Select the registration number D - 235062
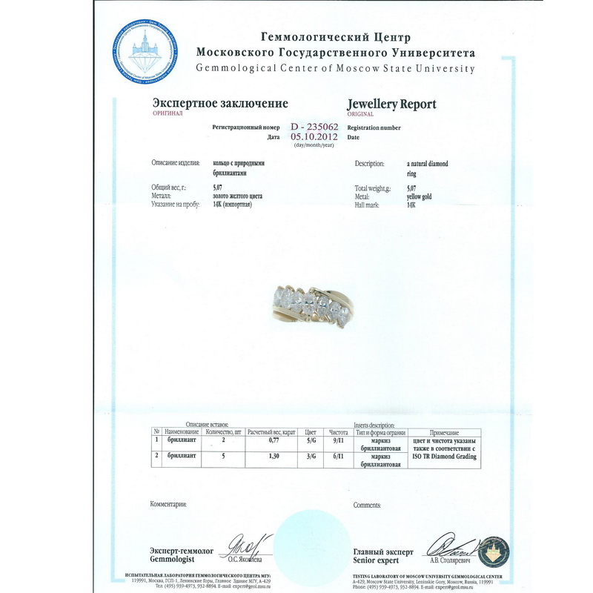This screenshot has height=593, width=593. [x=314, y=127]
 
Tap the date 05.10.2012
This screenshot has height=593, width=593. [x=315, y=136]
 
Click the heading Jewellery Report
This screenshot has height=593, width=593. [x=391, y=104]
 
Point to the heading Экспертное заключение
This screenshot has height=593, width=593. [x=220, y=104]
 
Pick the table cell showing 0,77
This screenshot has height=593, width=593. [x=271, y=441]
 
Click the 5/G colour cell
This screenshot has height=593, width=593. [x=311, y=441]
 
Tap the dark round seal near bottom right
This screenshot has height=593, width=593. [x=494, y=551]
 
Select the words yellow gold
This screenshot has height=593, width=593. [x=420, y=196]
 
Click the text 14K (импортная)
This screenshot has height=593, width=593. [x=232, y=203]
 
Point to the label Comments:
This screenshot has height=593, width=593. [x=367, y=505]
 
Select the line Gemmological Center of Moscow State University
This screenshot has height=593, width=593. [x=335, y=68]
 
